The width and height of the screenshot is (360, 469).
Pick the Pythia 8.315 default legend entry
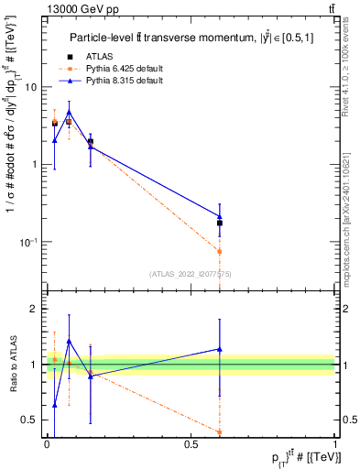point(130,81)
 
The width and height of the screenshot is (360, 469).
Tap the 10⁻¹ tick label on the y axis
point(30,242)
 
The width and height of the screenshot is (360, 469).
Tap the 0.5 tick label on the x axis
point(191,444)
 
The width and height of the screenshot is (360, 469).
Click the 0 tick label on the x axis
point(47,444)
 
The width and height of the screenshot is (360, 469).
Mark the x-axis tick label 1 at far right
point(335,444)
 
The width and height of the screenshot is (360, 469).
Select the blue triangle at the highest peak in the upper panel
point(69,112)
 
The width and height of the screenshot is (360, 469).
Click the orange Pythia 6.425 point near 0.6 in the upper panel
point(220,251)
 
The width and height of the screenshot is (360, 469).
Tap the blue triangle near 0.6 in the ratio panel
point(220,349)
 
